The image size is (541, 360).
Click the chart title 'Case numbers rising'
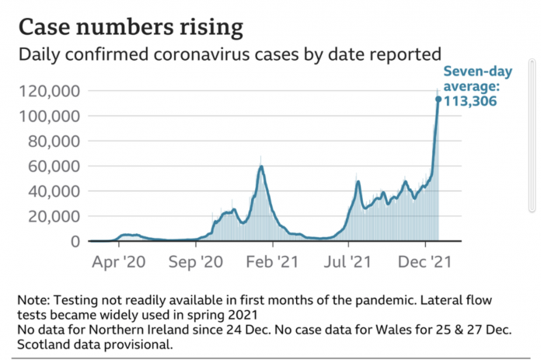pos(130,27)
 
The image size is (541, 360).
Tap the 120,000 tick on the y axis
pos(47,91)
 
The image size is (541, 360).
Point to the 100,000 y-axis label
pos(47,116)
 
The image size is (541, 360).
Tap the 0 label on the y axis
pos(75,241)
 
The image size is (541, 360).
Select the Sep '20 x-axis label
pos(207,261)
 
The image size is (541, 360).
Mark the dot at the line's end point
pos(438,99)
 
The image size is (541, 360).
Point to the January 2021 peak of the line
pos(261,166)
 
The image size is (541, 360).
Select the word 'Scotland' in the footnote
pos(43,344)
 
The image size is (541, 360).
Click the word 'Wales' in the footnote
pos(378,330)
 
